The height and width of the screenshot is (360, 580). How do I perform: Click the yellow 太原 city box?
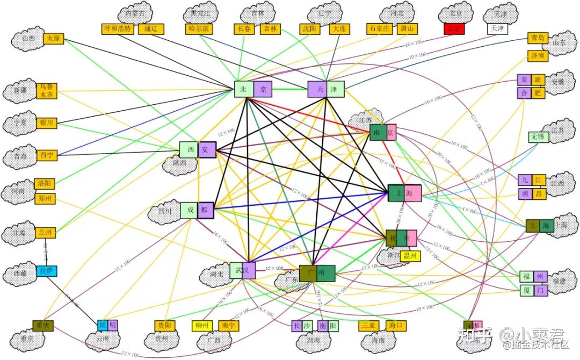(x=53, y=39)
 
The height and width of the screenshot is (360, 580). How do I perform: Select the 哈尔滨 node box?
(x=199, y=29)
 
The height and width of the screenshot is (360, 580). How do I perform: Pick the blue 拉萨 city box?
(x=46, y=271)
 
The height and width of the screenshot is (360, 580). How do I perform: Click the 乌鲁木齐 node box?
(x=46, y=91)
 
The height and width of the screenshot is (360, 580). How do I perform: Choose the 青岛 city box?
(x=538, y=38)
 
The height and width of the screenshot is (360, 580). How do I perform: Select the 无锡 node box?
(x=538, y=137)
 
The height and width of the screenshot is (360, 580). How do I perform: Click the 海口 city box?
(x=396, y=326)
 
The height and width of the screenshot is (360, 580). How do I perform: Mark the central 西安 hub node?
(x=197, y=150)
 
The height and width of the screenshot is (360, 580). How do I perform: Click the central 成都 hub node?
(x=197, y=211)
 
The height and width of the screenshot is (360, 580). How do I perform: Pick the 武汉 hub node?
(x=242, y=270)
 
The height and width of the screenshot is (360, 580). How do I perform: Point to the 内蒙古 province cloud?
(x=135, y=13)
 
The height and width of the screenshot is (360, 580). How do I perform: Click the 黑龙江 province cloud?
(x=200, y=13)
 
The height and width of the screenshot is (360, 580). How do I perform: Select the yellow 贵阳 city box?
(x=164, y=326)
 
